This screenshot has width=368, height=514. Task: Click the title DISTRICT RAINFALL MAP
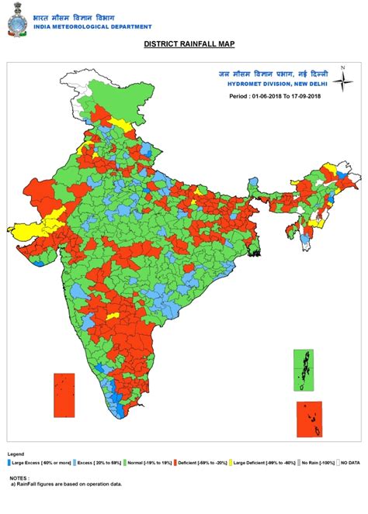(183, 45)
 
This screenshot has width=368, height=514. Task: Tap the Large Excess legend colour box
(10, 463)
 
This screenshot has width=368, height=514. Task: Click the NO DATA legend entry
(350, 463)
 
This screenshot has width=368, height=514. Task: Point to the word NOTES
(19, 478)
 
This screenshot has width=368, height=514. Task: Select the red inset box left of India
(64, 395)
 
